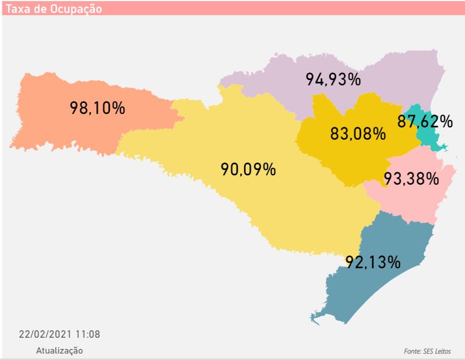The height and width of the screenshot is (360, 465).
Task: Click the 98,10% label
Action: (x=98, y=108)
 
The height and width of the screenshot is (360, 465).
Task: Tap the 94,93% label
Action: (x=334, y=79)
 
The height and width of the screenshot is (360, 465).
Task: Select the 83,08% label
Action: (x=358, y=133)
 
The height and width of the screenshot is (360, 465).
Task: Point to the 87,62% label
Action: (x=425, y=122)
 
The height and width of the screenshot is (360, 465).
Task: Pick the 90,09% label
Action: (x=248, y=169)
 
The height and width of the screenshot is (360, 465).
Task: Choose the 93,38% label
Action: (x=411, y=179)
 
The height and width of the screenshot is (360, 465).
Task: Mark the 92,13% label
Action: (x=373, y=262)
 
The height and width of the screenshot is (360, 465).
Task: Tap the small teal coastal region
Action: (x=429, y=138)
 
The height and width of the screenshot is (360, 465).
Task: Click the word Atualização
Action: (x=60, y=350)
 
